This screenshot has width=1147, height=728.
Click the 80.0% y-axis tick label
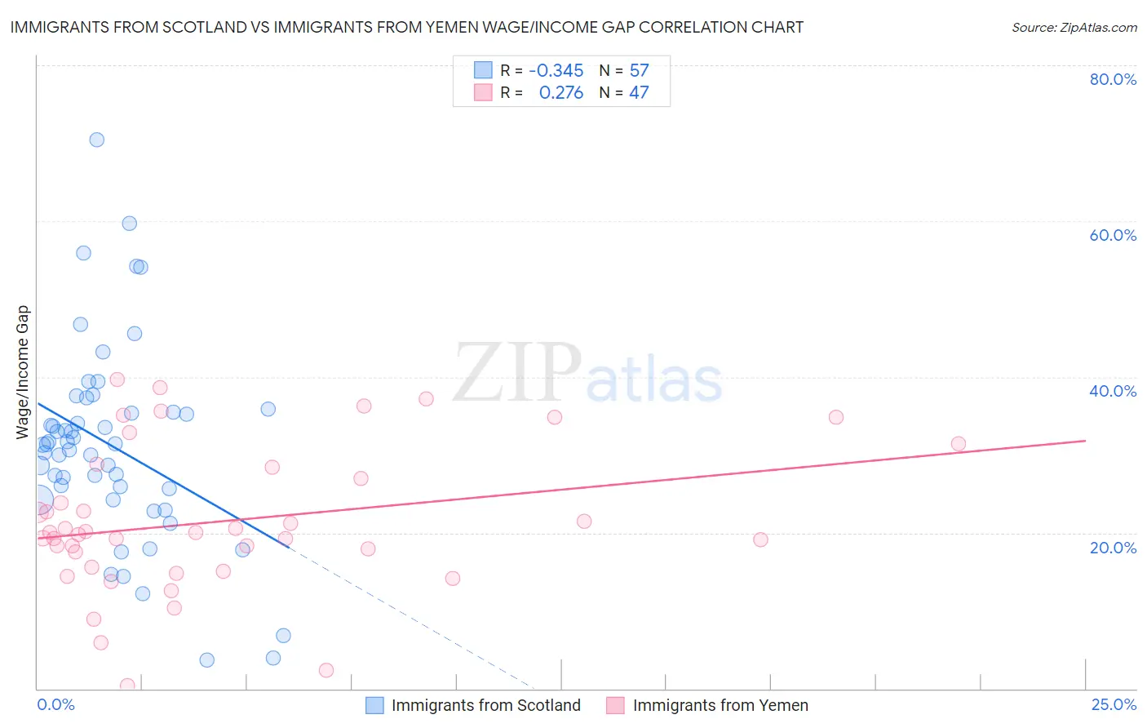click(x=1113, y=79)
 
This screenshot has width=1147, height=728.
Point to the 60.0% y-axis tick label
click(x=1113, y=235)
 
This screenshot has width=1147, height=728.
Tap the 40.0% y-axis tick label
click(x=1113, y=391)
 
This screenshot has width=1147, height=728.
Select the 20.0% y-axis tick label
click(x=1113, y=547)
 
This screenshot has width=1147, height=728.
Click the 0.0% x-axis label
click(x=55, y=704)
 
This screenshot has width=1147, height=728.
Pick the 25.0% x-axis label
click(x=1114, y=704)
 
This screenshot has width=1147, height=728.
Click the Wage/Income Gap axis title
click(x=23, y=372)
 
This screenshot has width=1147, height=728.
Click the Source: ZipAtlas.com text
click(x=1074, y=27)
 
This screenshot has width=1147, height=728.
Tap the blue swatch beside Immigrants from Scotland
click(x=374, y=705)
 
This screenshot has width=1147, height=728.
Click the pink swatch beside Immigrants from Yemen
click(x=615, y=705)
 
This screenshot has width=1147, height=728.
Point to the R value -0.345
click(x=556, y=71)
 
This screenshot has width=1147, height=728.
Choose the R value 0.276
click(x=561, y=93)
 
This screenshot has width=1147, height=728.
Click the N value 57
click(x=639, y=71)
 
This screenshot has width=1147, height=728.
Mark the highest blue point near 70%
click(x=97, y=140)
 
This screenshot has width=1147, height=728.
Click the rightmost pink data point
click(x=959, y=444)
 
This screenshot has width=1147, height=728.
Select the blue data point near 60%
click(x=129, y=224)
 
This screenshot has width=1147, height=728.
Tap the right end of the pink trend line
click(x=1085, y=441)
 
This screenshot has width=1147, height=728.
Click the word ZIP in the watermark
click(x=517, y=374)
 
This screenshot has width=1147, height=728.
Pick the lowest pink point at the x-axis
click(x=127, y=686)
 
